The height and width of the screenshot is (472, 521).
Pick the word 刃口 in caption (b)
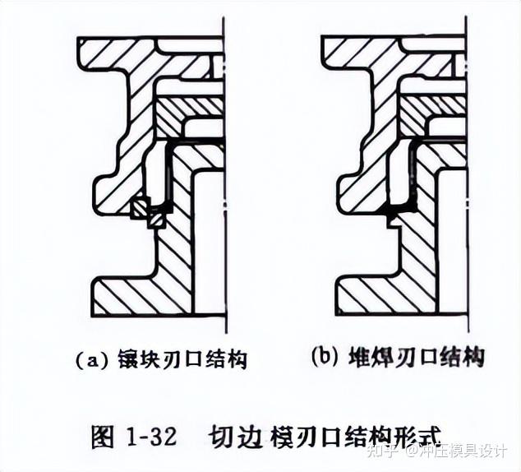(417, 357)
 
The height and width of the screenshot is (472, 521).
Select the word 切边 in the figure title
(233, 436)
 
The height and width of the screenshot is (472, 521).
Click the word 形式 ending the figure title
(417, 436)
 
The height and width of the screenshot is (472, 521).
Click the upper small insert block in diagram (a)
(138, 209)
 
